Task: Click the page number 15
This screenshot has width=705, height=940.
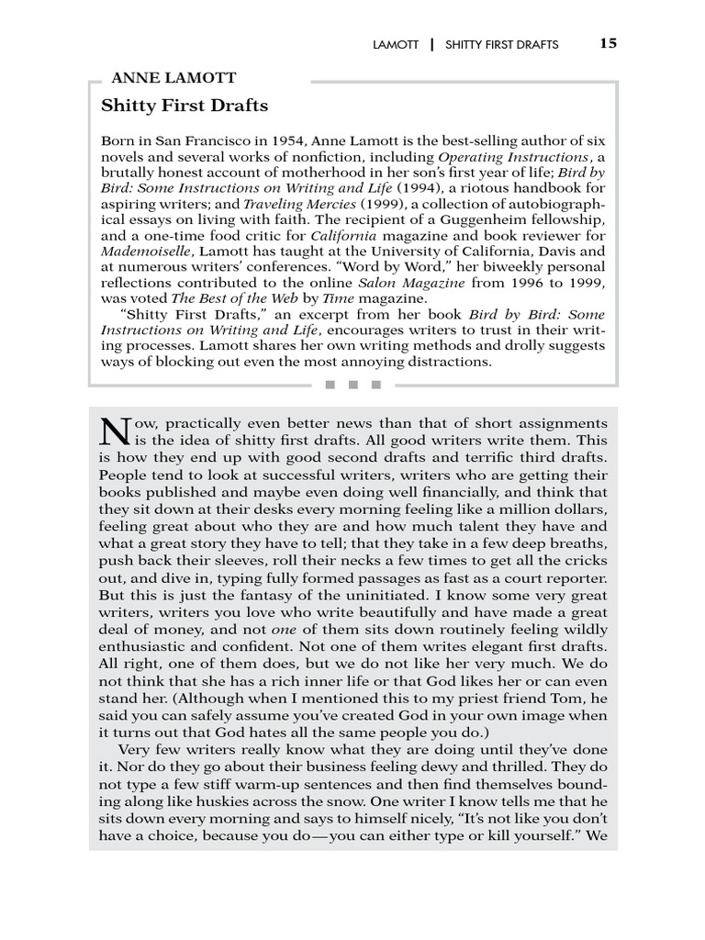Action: point(609,43)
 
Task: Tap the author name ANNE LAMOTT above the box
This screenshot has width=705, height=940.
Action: point(173,78)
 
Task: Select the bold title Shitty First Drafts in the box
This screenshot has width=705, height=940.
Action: point(185,106)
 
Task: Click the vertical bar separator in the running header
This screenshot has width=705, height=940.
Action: point(431,44)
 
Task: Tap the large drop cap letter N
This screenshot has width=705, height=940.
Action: point(113,431)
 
